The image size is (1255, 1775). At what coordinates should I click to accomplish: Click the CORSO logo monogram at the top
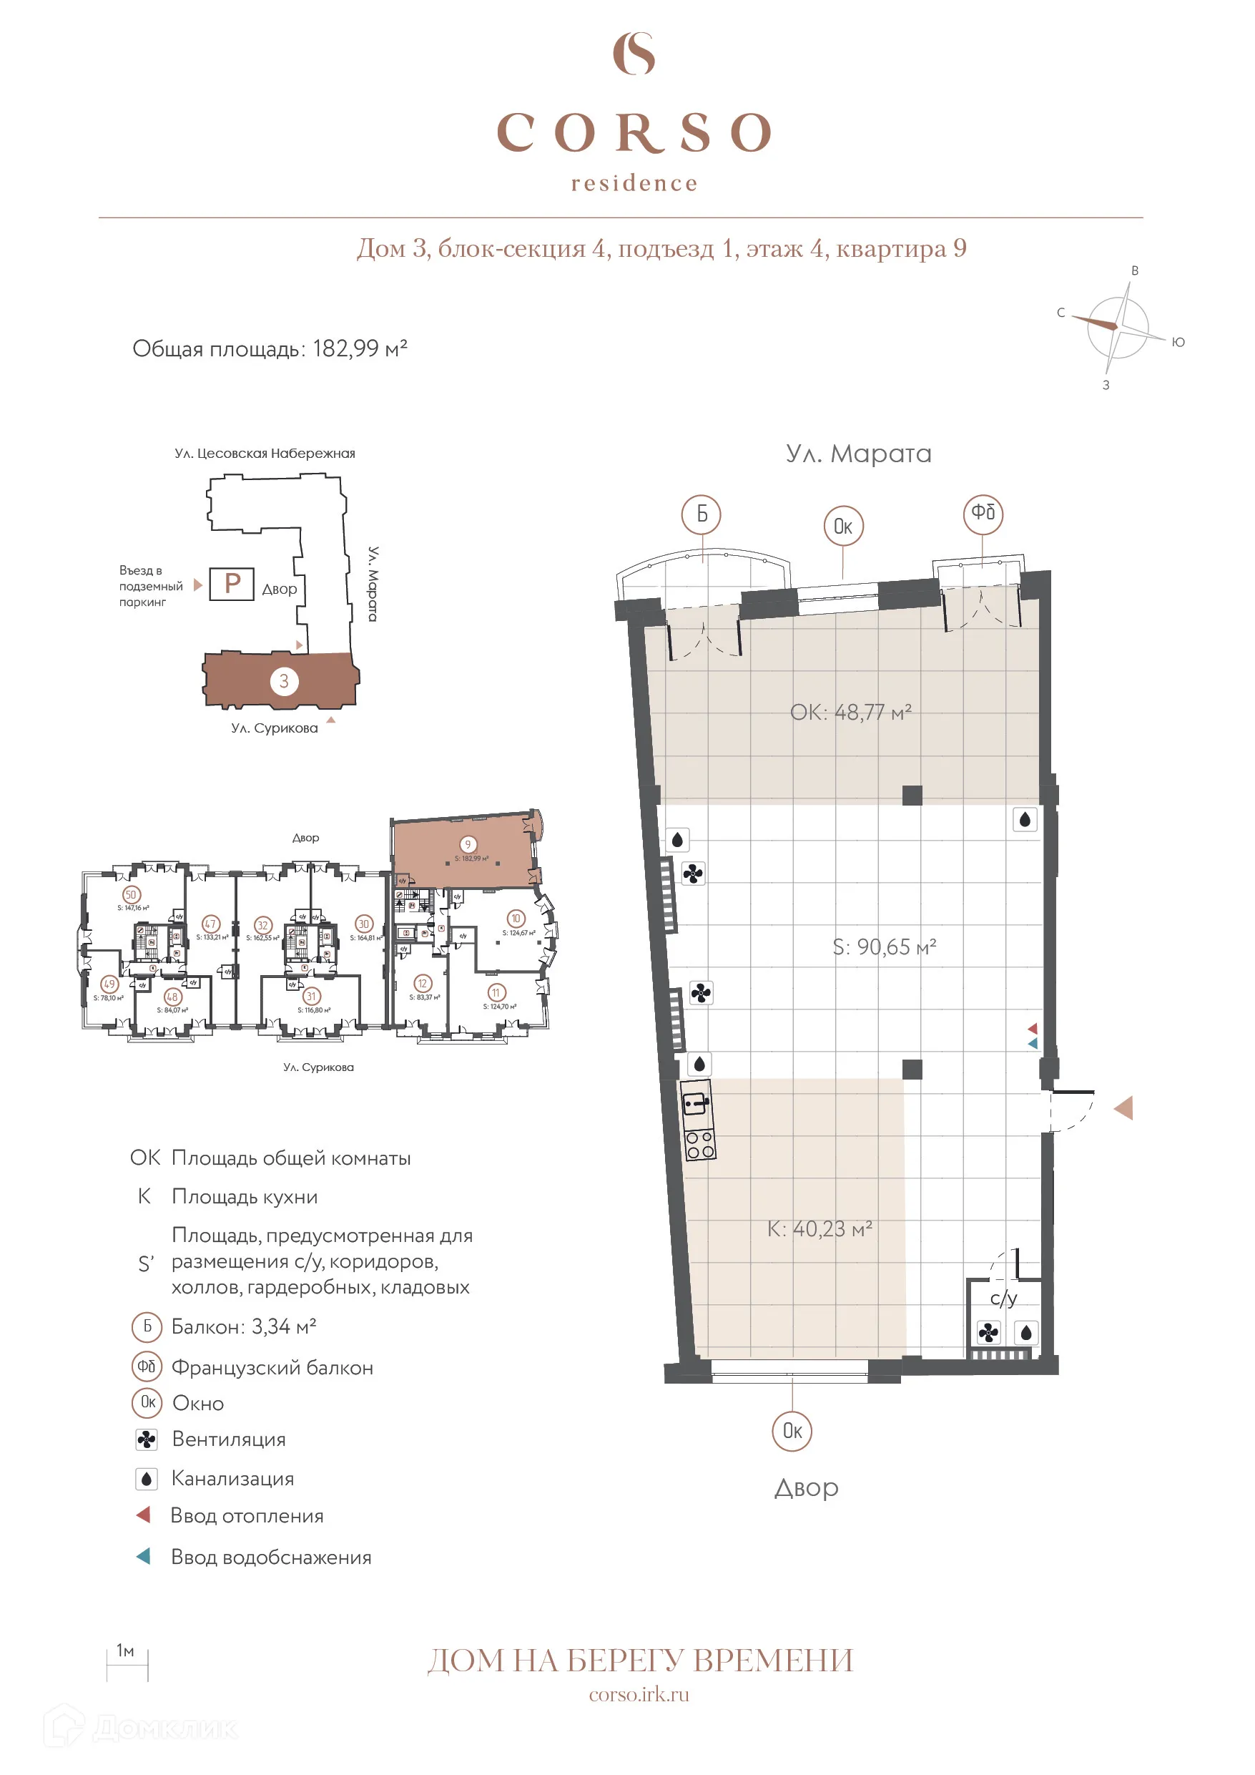[x=634, y=54]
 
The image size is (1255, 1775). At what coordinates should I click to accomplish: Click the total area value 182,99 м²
[x=360, y=348]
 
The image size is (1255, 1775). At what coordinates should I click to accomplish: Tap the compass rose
[x=1117, y=327]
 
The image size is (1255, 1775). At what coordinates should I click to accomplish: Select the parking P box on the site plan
[x=232, y=584]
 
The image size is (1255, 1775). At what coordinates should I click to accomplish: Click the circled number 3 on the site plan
[x=284, y=681]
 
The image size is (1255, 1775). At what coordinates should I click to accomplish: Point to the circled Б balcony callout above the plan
[x=701, y=514]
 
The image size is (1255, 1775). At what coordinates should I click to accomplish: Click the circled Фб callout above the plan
[x=983, y=512]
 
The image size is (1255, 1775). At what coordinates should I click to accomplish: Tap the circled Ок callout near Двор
[x=792, y=1431]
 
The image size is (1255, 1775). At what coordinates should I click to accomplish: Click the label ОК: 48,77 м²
[x=850, y=712]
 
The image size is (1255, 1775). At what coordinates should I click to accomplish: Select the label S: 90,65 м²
[x=884, y=947]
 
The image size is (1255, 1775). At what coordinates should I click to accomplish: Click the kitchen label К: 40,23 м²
[x=820, y=1229]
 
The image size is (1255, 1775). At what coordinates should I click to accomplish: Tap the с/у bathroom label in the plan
[x=1003, y=1299]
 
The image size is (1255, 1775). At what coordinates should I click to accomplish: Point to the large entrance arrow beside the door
[x=1123, y=1109]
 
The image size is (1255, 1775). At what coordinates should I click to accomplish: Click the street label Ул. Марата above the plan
[x=858, y=453]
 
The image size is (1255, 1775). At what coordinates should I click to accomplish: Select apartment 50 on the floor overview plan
[x=131, y=894]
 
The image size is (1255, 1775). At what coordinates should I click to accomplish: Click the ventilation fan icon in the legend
[x=146, y=1439]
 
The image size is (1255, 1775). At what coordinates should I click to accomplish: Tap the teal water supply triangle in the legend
[x=144, y=1556]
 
